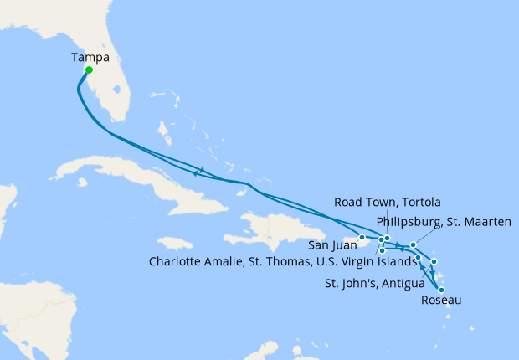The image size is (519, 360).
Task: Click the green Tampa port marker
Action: [x=88, y=70]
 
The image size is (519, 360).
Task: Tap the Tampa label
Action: [x=89, y=58]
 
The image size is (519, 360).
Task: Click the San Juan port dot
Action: [x=362, y=237]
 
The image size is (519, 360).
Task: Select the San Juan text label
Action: [x=331, y=245]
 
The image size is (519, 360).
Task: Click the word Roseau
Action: [x=440, y=300]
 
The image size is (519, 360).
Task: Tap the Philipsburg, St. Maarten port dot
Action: [x=413, y=245]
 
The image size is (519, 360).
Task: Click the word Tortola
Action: [x=416, y=202]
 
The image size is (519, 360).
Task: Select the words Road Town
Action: [x=362, y=202]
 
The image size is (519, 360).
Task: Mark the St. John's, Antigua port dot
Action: [x=434, y=262]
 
